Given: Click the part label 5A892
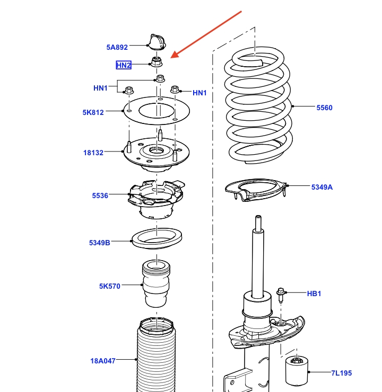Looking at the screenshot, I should coord(117,47).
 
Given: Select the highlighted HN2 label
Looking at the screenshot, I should coord(124,65).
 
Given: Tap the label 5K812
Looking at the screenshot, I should coord(93,112).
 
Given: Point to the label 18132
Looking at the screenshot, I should coord(93,153).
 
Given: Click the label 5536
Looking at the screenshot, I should coord(100,195).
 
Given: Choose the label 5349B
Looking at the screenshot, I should coord(100,243).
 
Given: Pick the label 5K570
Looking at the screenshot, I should coord(110,286).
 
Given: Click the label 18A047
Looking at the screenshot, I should coord(102,362).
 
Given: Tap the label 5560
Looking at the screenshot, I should coord(324,108).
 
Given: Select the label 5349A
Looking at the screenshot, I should coord(322,186).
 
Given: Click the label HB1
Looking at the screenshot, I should coord(314,293).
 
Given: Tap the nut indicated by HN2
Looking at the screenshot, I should coord(157,63).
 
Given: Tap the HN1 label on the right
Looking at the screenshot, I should coord(199,93).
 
